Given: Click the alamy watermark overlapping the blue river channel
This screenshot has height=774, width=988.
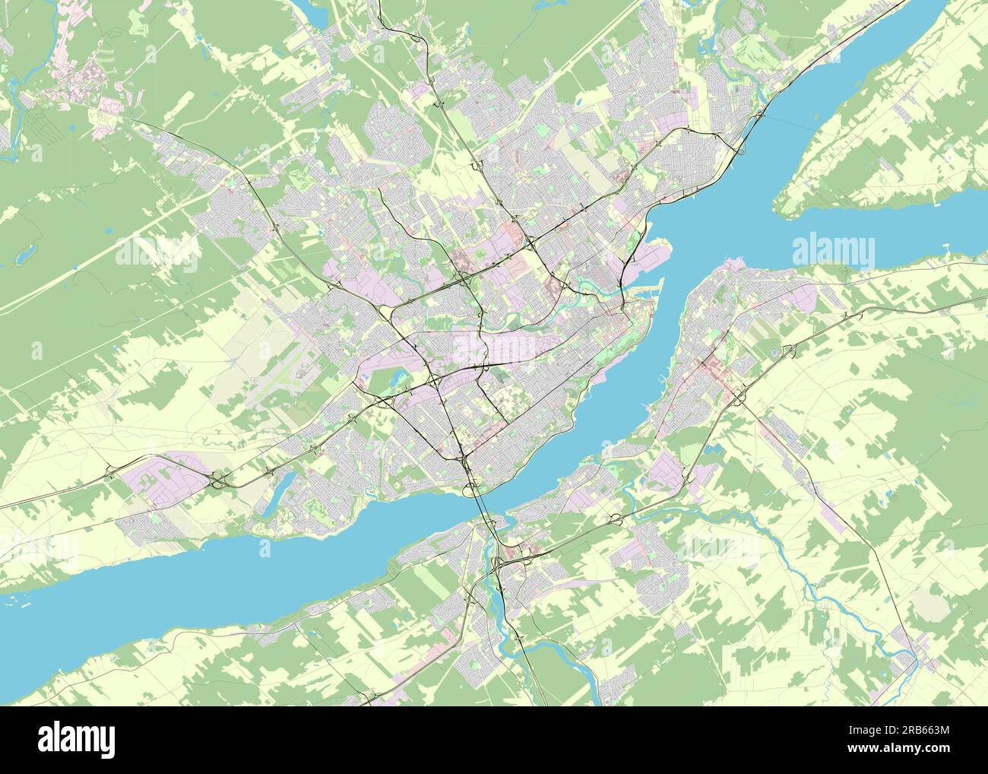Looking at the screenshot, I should pos(833,250).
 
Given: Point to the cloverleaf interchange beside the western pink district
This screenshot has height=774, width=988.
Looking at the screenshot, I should pos(218,480).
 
